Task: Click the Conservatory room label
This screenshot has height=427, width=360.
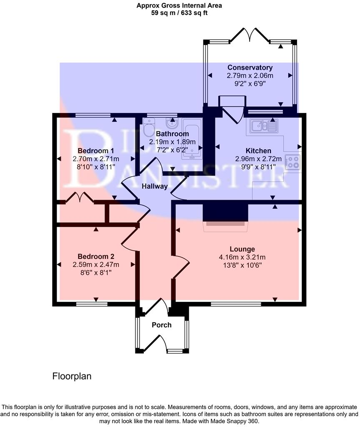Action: [250, 68]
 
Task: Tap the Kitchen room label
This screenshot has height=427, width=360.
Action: [258, 151]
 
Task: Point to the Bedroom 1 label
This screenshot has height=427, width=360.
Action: [96, 151]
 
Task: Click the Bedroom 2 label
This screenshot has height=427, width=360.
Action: [96, 256]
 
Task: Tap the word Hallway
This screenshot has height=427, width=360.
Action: [154, 186]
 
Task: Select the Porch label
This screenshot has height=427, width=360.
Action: [162, 325]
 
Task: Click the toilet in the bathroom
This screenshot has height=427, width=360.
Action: [149, 128]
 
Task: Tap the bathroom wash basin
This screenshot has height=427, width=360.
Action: [171, 123]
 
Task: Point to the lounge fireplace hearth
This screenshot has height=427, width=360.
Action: [225, 224]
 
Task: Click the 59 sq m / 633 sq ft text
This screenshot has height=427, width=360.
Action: [180, 13]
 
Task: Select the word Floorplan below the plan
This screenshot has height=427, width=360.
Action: [72, 376]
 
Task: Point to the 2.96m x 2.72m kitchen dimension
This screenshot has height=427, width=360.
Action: [258, 159]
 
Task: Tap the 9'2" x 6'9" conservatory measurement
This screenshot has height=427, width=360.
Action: [250, 83]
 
